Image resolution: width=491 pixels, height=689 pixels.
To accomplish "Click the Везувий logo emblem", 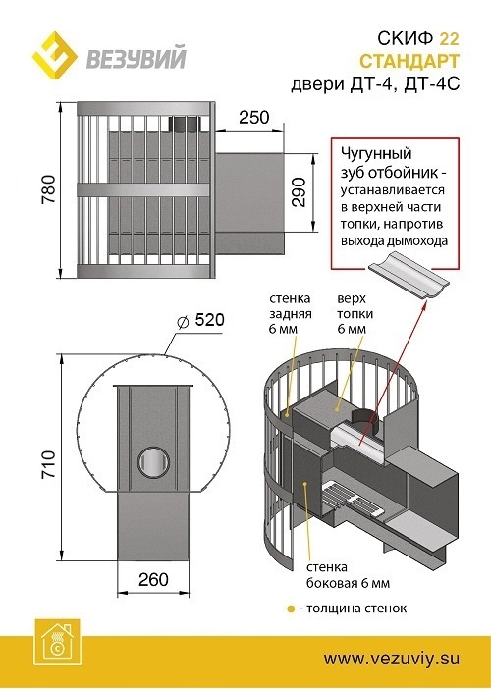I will (57, 58).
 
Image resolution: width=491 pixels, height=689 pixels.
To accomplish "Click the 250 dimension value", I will (254, 117).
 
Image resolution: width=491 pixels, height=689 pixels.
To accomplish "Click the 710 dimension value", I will (38, 473).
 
